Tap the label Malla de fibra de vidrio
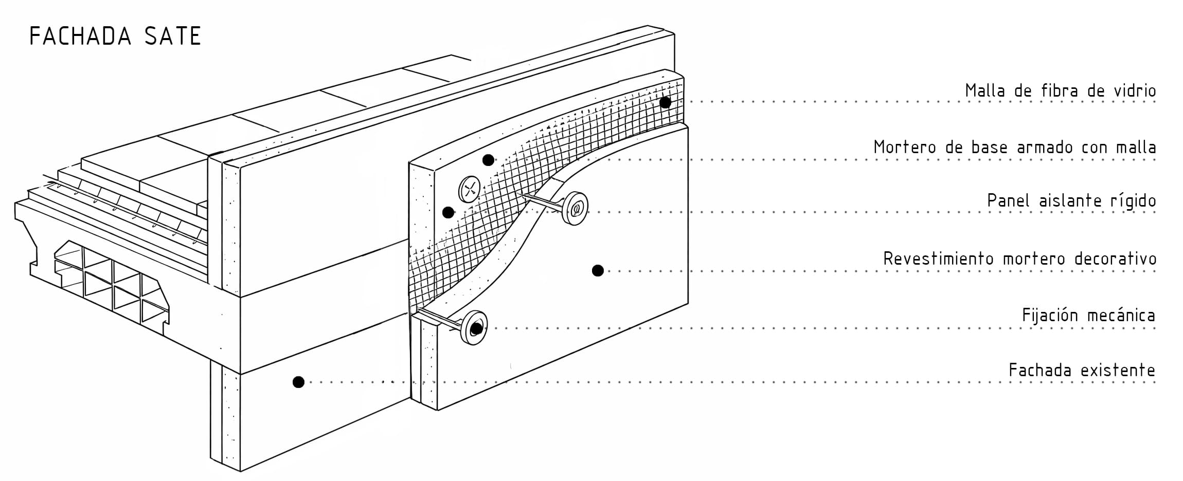tap(1060, 91)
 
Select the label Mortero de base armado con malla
tap(1014, 148)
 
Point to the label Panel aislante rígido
tap(1071, 201)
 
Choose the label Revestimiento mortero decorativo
tap(1019, 259)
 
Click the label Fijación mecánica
tap(1088, 316)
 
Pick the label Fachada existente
tap(1082, 371)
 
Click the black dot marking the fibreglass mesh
tap(665, 102)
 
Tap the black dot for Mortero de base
tap(488, 160)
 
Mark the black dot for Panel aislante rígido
tap(448, 212)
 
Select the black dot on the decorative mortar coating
tap(597, 270)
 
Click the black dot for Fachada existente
tap(298, 382)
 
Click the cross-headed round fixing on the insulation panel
tap(469, 189)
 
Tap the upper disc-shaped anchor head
tap(576, 208)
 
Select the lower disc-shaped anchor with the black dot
tap(474, 327)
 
